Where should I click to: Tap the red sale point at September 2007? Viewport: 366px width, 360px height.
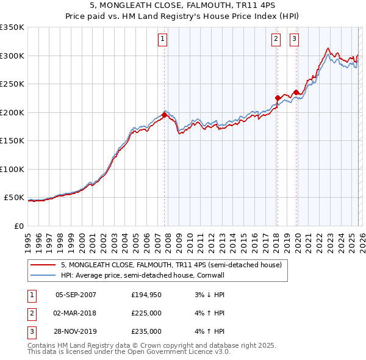point(164,115)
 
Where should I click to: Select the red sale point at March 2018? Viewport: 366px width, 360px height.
point(277,98)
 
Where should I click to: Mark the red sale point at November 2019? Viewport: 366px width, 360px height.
point(296,92)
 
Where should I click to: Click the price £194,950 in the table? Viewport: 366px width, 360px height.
point(146,295)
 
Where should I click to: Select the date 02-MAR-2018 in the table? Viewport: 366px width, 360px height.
point(76,313)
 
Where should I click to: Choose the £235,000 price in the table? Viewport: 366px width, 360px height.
point(146,331)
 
